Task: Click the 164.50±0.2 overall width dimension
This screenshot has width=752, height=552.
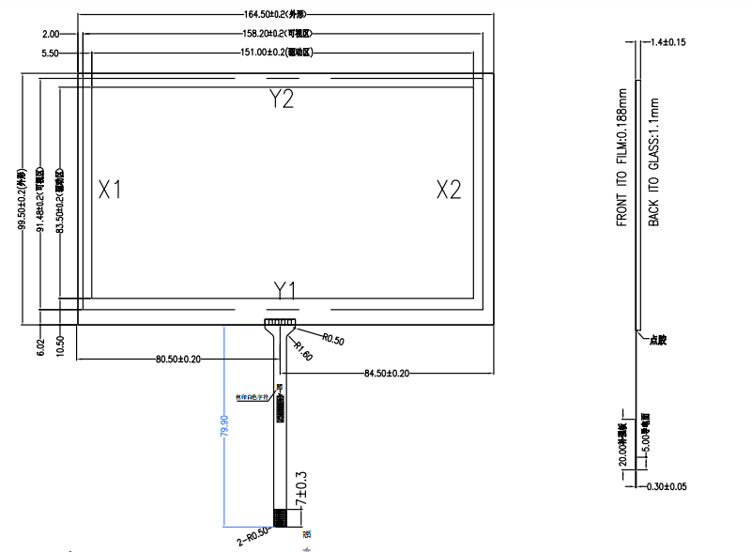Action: coord(282,14)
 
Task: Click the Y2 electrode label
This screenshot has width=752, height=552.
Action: coord(283,100)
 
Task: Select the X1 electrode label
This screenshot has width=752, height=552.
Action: coord(111,190)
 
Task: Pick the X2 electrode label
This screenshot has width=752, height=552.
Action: coord(449,190)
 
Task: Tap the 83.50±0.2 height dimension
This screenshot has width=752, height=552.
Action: coord(60,201)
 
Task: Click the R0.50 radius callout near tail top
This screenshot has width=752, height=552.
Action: coord(332,340)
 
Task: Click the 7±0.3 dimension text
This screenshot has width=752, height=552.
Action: coord(301,491)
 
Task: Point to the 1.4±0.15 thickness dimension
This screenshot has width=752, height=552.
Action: coord(668,42)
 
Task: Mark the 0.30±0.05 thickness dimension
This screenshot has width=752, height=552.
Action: coord(668,486)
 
